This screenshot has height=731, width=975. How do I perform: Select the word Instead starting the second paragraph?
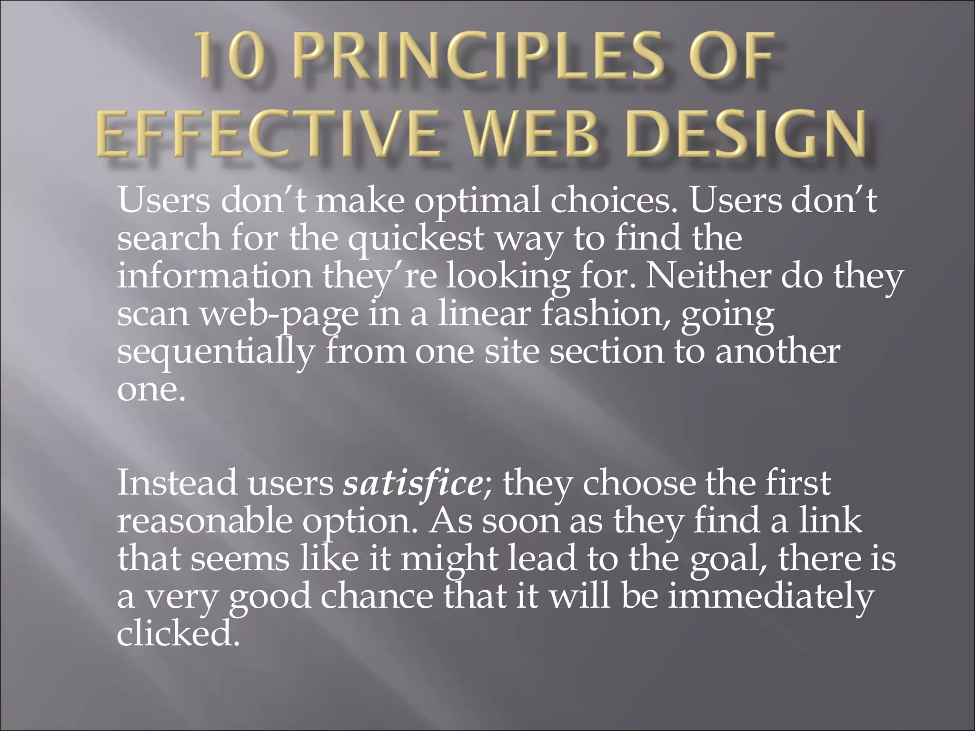(177, 483)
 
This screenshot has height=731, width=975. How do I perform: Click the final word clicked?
(177, 634)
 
